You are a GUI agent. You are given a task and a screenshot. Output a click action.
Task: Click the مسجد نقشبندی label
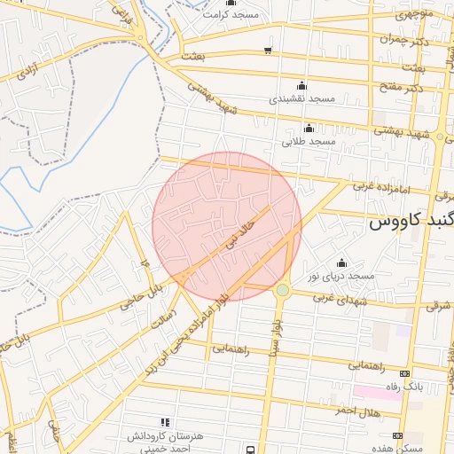[301, 98]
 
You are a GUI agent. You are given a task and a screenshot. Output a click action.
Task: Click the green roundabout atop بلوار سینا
[282, 290]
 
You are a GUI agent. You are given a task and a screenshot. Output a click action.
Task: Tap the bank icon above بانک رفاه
[405, 373]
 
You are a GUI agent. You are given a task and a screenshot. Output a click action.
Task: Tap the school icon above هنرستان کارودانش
[163, 422]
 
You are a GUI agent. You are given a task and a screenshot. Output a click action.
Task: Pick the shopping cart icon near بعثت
[268, 50]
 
